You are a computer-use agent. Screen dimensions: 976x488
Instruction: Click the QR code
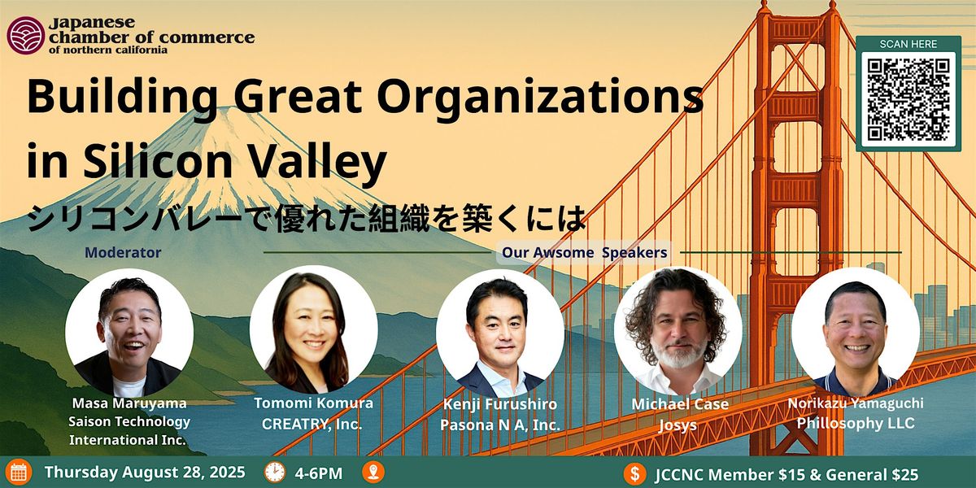908,100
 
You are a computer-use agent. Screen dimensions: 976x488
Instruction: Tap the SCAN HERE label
908,44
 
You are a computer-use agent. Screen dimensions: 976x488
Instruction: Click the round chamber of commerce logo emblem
26,35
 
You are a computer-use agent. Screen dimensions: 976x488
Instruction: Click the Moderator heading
123,252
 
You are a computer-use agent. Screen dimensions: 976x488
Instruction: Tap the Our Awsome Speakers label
584,252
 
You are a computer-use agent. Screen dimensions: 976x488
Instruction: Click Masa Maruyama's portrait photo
129,333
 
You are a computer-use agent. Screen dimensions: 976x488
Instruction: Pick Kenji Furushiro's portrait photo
499,333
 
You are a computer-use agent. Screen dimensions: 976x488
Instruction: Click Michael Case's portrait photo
678,330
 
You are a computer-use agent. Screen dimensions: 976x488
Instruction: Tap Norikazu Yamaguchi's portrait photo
856,331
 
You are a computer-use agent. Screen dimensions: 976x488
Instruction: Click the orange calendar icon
19,473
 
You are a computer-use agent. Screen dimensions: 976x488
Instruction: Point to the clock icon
276,473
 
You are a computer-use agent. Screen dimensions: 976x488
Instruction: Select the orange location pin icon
373,473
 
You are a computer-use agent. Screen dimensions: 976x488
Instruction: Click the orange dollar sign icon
635,473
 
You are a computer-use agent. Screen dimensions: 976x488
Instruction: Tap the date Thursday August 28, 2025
145,473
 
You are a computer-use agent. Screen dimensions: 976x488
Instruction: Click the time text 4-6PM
319,473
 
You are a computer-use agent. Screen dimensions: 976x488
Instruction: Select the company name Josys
678,425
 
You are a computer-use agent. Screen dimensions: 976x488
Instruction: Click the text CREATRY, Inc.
312,424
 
